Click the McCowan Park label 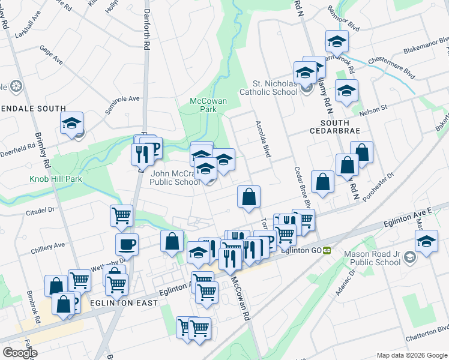(x=208, y=106)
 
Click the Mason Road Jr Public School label (x=372, y=257)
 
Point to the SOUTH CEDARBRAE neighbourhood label (x=338, y=125)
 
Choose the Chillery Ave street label (x=51, y=245)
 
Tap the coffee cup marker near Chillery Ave (x=127, y=244)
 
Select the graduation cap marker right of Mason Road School (x=427, y=242)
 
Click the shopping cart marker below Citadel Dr (x=121, y=215)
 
